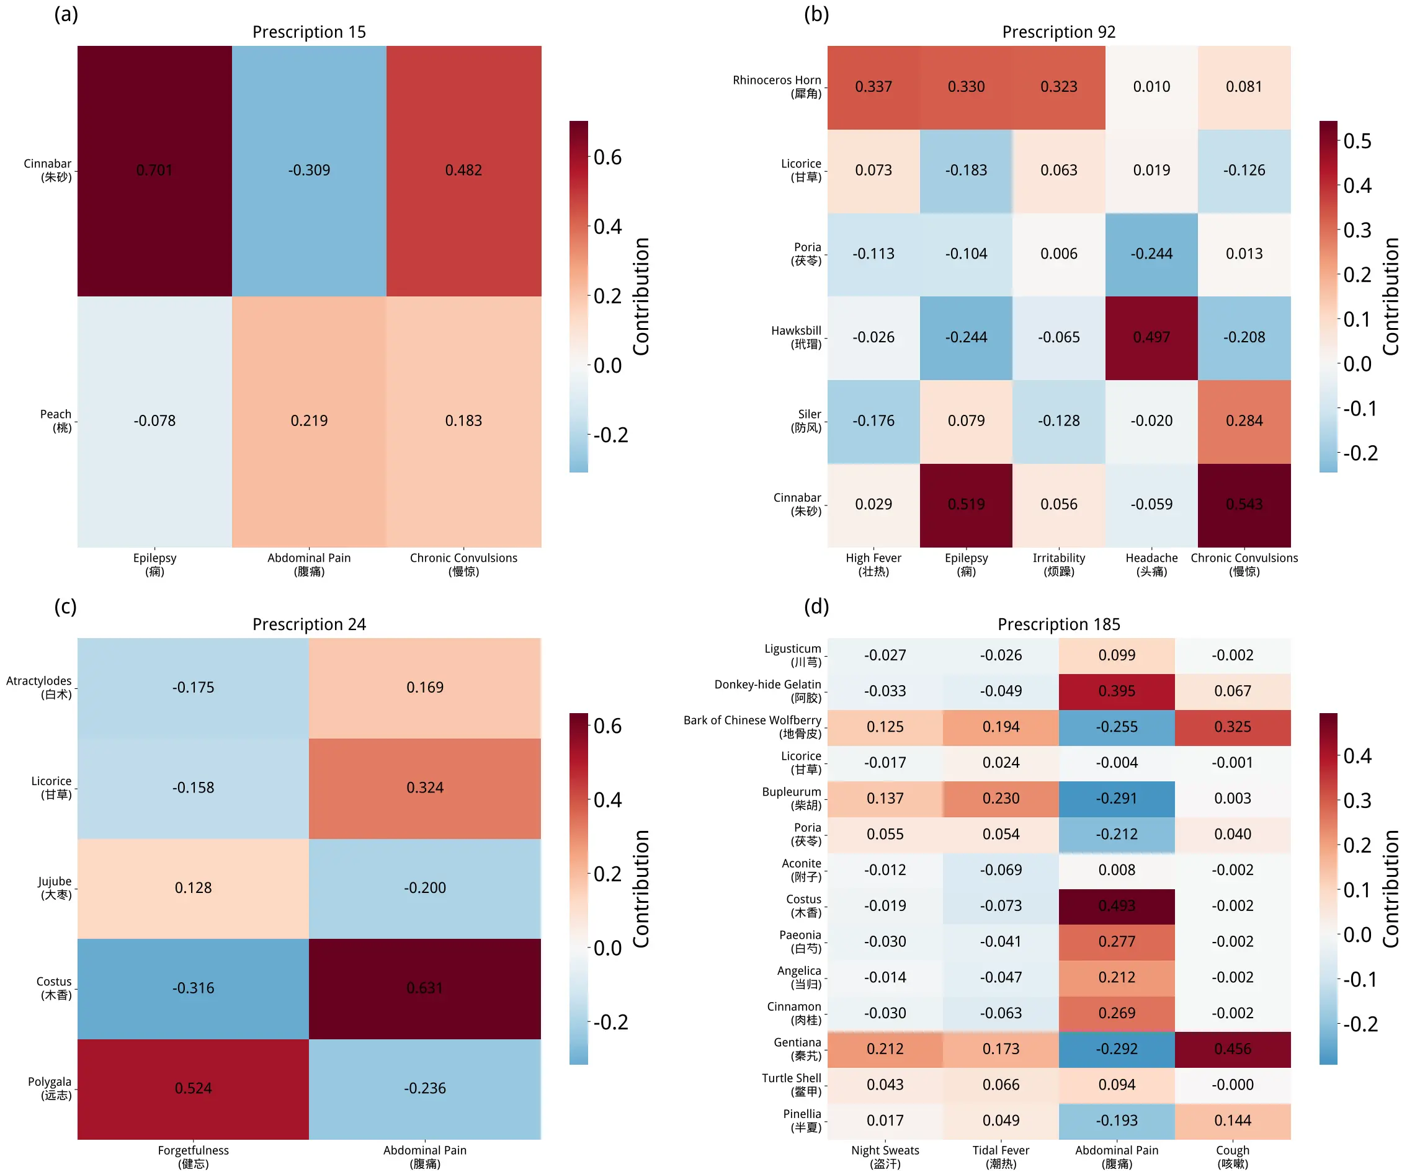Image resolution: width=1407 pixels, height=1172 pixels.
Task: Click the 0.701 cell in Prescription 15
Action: (x=154, y=170)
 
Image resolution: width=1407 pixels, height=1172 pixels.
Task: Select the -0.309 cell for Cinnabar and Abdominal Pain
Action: (x=309, y=170)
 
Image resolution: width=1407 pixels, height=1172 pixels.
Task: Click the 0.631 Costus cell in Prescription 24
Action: (x=424, y=988)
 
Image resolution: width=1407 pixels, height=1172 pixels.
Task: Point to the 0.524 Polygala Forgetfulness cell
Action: (x=193, y=1088)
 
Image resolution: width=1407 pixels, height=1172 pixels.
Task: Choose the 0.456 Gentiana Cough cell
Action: (x=1232, y=1049)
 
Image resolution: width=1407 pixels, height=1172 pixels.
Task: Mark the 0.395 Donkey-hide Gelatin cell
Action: (x=1116, y=691)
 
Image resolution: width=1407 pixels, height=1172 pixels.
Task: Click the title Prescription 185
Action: (x=1058, y=624)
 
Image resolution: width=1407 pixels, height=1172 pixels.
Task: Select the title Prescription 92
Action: (x=1058, y=32)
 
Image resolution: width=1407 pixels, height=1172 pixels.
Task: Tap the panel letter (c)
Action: (x=66, y=606)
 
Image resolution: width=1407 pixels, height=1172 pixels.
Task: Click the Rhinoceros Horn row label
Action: (x=777, y=87)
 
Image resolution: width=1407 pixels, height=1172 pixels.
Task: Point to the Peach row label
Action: (x=56, y=420)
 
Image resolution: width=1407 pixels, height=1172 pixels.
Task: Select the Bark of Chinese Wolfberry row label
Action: (x=753, y=727)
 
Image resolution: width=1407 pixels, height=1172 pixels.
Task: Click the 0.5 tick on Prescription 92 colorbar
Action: (x=1357, y=141)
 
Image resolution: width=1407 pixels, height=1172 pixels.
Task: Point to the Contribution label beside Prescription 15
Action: (x=641, y=296)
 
